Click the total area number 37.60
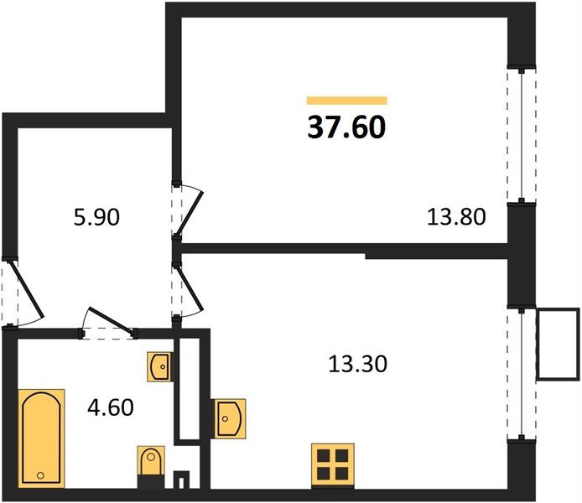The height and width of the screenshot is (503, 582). [x=347, y=127]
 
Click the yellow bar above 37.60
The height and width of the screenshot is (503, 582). [x=347, y=100]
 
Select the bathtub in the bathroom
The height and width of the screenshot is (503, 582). [x=41, y=437]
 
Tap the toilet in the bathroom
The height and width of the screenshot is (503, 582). [x=150, y=464]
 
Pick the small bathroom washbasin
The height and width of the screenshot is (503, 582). [x=160, y=366]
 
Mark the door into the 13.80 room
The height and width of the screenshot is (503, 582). [x=187, y=210]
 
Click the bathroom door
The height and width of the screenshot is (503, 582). [x=107, y=325]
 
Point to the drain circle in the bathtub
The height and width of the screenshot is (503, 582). [x=40, y=475]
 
